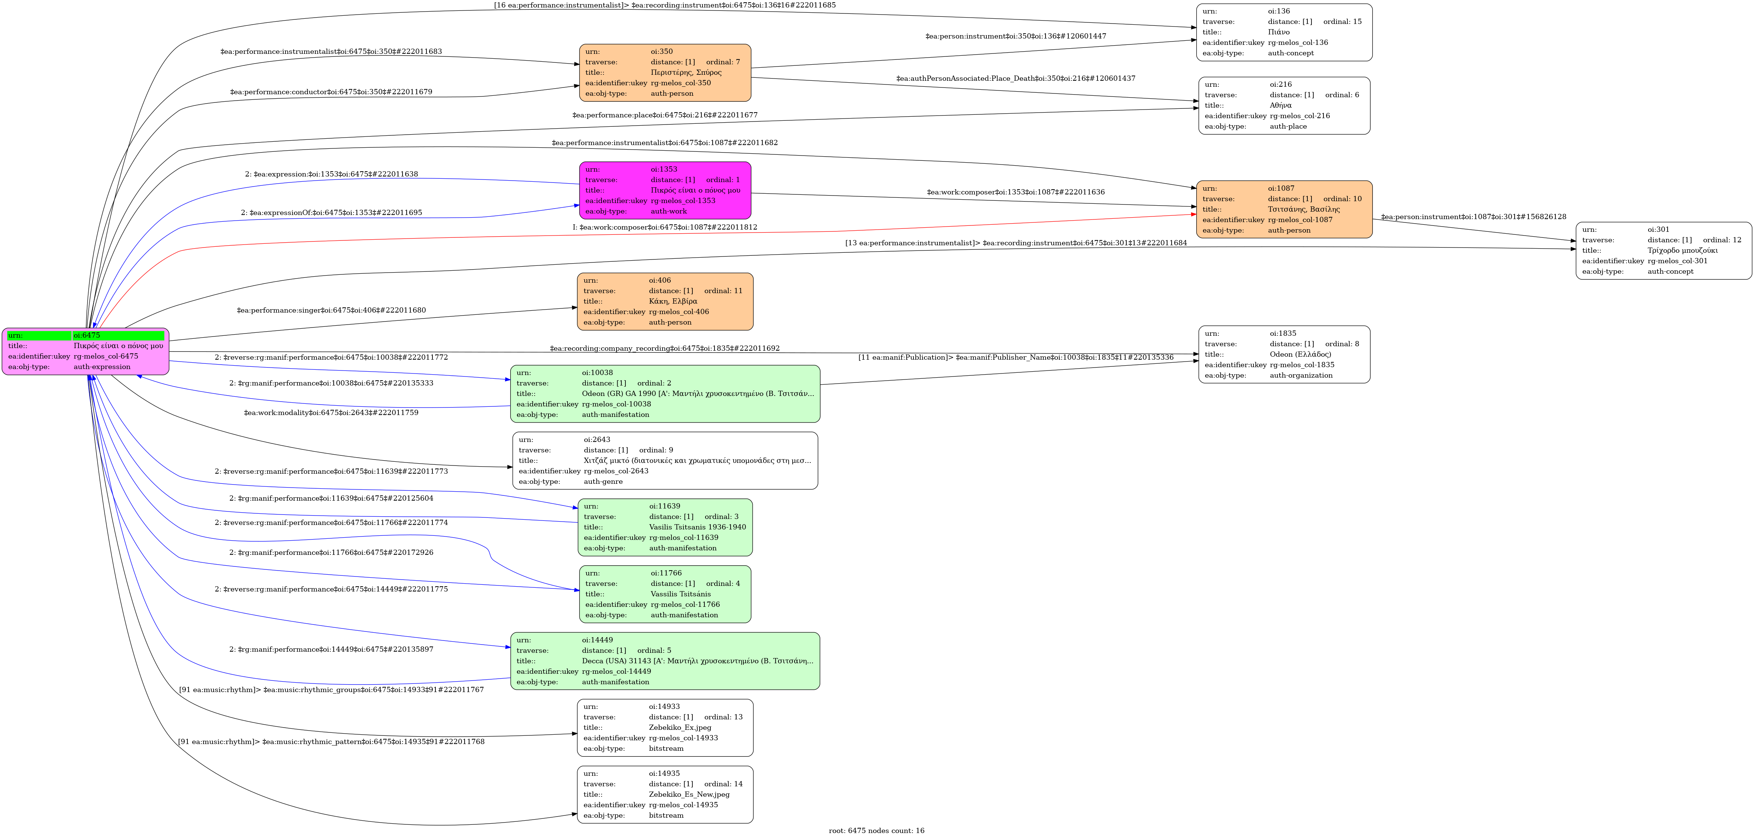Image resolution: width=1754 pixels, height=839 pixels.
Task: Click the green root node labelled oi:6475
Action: (85, 351)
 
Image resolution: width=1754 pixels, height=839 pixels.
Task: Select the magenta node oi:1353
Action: (665, 191)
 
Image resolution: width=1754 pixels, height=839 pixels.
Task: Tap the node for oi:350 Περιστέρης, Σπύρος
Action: (665, 73)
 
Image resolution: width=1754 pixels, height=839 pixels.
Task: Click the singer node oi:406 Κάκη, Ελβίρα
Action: (665, 301)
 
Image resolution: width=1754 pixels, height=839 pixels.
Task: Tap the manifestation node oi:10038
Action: (665, 394)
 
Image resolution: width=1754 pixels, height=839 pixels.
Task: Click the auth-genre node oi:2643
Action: (665, 461)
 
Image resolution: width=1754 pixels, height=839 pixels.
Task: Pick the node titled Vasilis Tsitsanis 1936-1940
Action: (665, 527)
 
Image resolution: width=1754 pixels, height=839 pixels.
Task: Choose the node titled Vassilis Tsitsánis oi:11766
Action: (665, 594)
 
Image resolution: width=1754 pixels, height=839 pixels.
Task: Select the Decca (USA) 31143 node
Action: (665, 661)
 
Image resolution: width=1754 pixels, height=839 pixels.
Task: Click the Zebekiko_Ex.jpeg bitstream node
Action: (665, 728)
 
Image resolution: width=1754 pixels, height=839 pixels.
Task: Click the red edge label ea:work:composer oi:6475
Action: (665, 227)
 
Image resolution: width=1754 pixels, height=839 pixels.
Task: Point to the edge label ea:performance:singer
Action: (331, 310)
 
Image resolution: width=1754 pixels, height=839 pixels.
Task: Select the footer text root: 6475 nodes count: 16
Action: (876, 831)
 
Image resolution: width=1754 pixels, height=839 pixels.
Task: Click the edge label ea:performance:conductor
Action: (331, 92)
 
